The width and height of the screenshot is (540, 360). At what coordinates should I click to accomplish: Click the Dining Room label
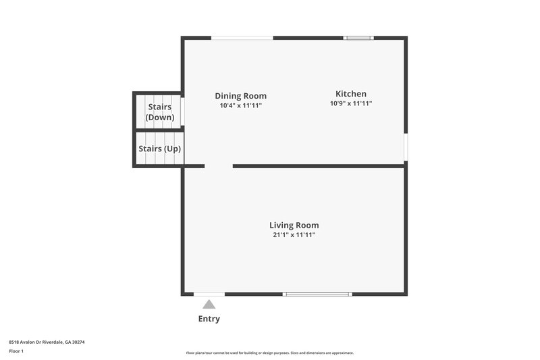pos(240,96)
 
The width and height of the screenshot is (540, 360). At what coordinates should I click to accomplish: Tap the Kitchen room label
pos(351,94)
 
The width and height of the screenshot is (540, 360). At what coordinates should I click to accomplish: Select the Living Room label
pos(294,225)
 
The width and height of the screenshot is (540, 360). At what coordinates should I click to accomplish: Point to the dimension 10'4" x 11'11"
pos(240,105)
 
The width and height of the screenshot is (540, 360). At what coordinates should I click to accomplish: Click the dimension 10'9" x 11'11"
pos(351,103)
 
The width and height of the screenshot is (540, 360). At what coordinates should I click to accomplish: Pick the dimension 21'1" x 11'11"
pos(294,235)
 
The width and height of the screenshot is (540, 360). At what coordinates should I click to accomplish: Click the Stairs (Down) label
pos(159,112)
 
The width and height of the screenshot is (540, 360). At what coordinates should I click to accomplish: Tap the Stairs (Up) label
pos(159,149)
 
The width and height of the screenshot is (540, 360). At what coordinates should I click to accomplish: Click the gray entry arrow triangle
pos(209,305)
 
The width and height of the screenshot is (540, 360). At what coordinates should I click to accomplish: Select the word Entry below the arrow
pos(209,319)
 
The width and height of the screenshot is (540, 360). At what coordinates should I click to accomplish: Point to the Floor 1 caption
pos(16,351)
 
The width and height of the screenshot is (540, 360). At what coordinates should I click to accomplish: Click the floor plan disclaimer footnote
pos(269,353)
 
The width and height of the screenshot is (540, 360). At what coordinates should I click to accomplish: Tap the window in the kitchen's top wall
pos(358,38)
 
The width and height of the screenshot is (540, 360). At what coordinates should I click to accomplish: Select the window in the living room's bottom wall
pos(317,294)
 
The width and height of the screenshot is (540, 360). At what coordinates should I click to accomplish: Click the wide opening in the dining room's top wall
pos(242,38)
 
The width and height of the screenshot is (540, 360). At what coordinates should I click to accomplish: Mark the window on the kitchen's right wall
pos(405,147)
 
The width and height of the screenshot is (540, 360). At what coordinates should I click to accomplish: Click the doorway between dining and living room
pos(219,165)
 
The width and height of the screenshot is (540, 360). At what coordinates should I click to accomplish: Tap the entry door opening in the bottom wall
pos(209,294)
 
